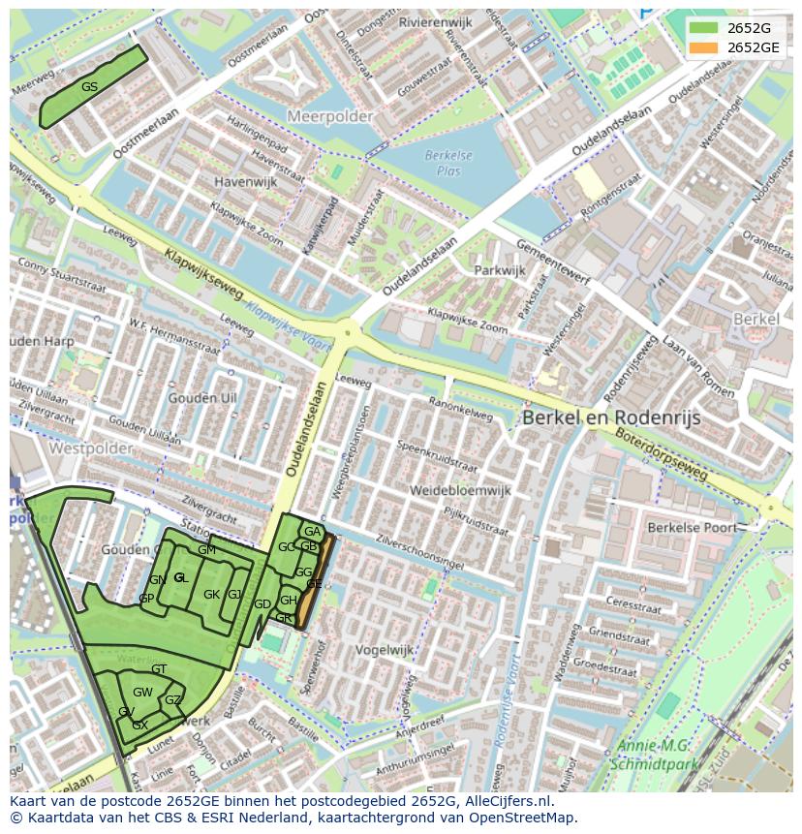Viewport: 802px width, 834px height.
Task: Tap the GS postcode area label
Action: click(x=89, y=87)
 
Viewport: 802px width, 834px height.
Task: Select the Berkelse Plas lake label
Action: click(x=448, y=163)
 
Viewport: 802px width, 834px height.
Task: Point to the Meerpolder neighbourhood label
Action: click(x=329, y=116)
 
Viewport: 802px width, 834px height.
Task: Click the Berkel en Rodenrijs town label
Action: click(x=610, y=417)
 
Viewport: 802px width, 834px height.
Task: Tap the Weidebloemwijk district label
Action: click(x=459, y=490)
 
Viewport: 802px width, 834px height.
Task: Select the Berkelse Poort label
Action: click(x=692, y=528)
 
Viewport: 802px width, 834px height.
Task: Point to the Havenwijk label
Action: click(x=245, y=181)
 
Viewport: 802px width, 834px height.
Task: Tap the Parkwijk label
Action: click(x=499, y=270)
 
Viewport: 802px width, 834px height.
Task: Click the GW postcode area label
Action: click(x=142, y=692)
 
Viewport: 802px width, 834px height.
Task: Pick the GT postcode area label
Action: click(x=159, y=669)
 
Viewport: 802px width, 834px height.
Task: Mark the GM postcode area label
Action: click(x=206, y=550)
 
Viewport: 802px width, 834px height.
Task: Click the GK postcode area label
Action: click(x=210, y=595)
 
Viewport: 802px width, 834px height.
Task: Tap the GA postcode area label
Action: click(x=312, y=532)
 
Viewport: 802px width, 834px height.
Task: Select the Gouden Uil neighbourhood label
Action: click(x=201, y=398)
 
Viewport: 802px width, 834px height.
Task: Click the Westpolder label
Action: click(x=90, y=448)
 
